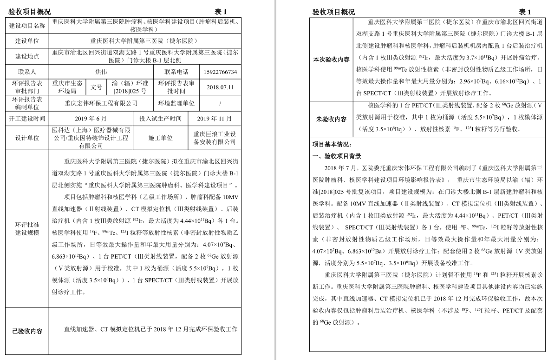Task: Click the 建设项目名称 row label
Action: (x=27, y=26)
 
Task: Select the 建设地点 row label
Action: (x=27, y=56)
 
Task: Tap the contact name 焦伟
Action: (x=101, y=72)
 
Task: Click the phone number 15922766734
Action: (x=221, y=72)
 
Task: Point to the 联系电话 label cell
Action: (x=176, y=72)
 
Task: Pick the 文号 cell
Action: (x=96, y=87)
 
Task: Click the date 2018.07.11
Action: (x=221, y=87)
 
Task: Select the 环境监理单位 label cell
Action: (x=176, y=103)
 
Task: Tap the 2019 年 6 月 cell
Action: (x=91, y=119)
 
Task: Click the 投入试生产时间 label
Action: (x=160, y=119)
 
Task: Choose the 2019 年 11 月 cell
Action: (x=215, y=119)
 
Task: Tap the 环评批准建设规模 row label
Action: (x=27, y=228)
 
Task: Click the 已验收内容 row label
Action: (x=27, y=332)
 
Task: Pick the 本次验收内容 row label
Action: (x=331, y=60)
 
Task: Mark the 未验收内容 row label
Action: (x=331, y=120)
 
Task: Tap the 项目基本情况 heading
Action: (x=332, y=145)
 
